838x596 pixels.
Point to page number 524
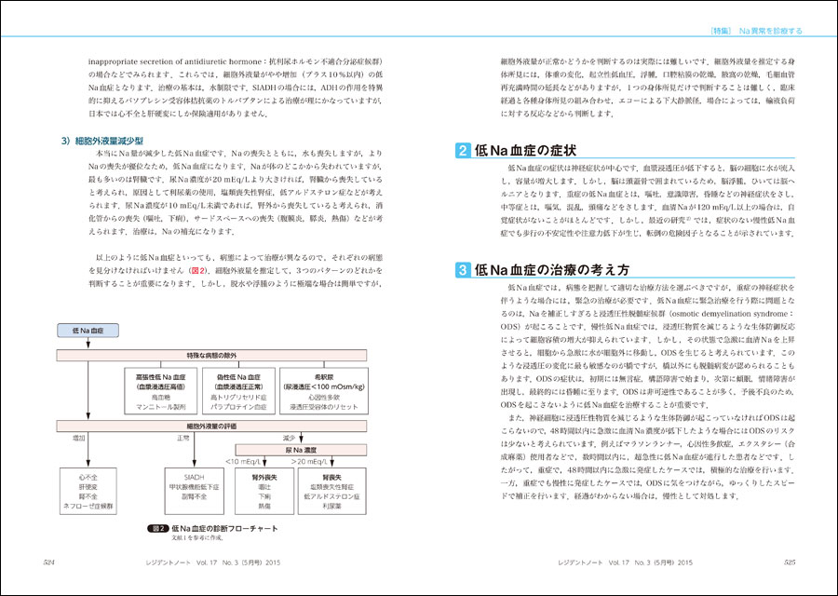click(x=54, y=562)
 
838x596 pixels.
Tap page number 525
click(x=788, y=562)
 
